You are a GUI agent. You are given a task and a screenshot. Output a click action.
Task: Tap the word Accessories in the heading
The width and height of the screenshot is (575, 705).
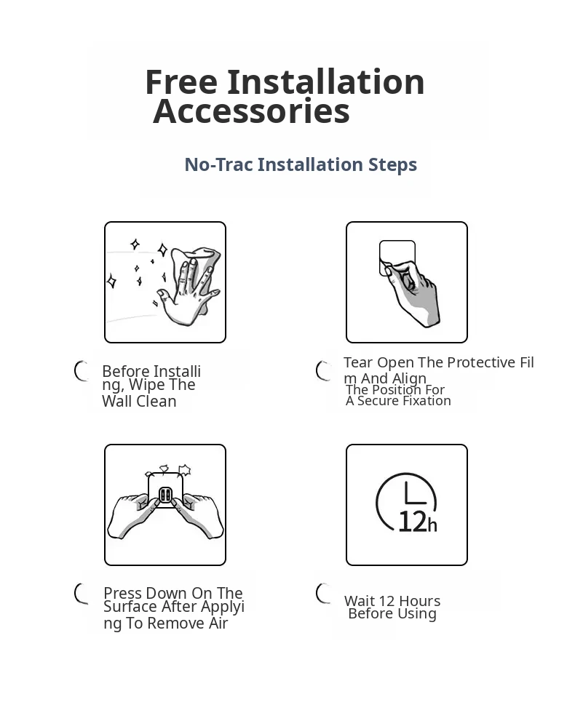coord(252,111)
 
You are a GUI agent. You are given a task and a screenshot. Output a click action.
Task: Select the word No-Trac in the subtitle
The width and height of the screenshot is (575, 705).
coord(218,164)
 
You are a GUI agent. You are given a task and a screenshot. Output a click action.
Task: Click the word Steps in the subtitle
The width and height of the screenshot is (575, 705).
coord(393,165)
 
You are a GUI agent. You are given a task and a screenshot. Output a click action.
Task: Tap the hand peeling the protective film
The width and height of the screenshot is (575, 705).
coord(412,292)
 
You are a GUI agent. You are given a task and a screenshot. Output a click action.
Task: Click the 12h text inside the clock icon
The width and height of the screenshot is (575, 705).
coord(418,522)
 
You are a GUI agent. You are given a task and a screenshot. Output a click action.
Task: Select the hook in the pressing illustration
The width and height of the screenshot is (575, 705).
coord(165,495)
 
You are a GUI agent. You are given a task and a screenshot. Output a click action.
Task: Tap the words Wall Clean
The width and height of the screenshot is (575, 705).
coord(139,401)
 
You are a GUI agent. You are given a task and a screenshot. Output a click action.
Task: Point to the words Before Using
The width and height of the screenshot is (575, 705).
coord(392,614)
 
